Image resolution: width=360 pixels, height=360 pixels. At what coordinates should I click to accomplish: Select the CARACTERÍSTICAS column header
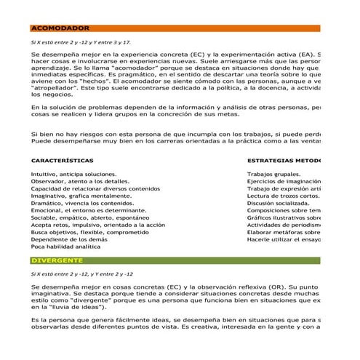(62, 159)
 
